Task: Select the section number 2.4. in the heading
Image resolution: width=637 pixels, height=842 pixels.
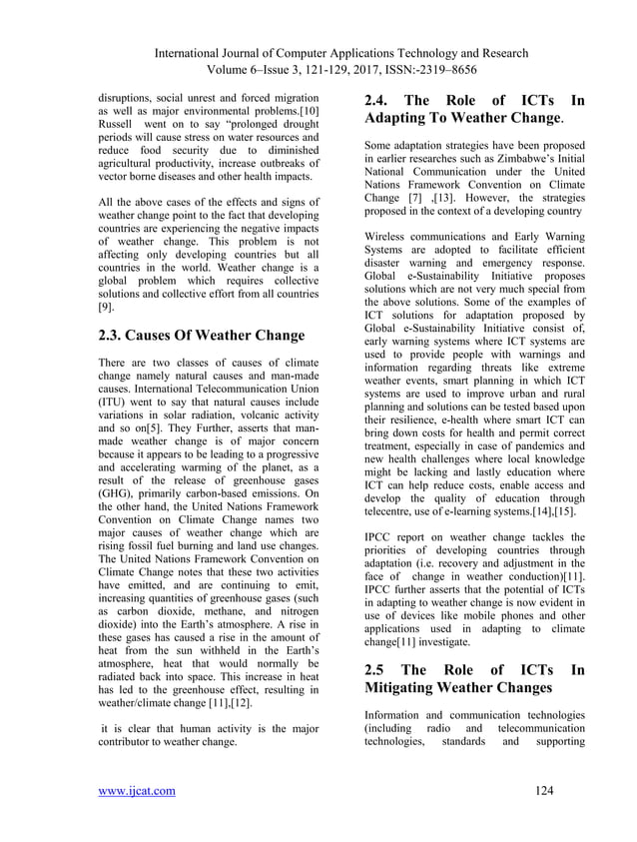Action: [378, 100]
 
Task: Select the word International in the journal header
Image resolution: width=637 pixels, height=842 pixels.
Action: [210, 52]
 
